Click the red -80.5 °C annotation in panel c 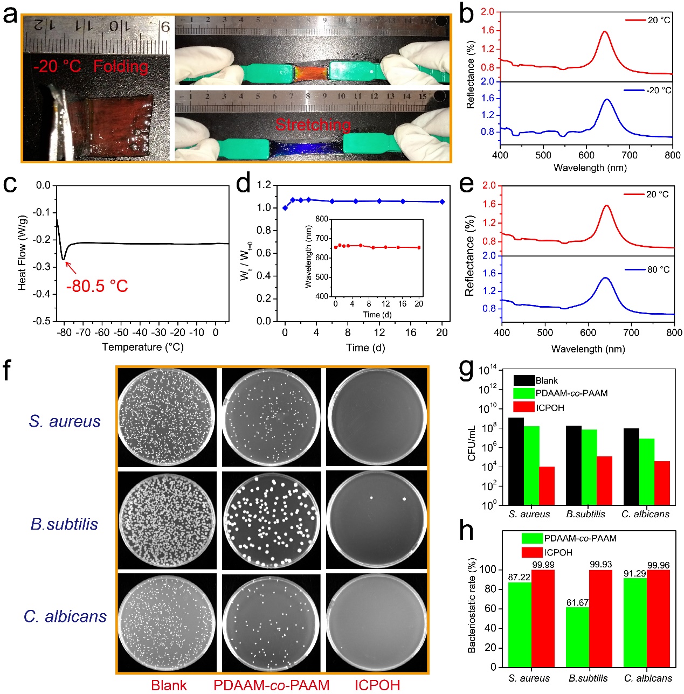pos(97,286)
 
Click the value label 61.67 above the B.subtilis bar pos(577,602)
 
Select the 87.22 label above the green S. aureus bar pos(519,577)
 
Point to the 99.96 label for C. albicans pos(658,565)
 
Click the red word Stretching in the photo pos(313,125)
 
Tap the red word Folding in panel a pos(121,67)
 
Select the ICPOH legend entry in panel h pos(558,552)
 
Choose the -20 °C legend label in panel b pos(659,91)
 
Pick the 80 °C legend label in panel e pos(658,269)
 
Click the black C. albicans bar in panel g pos(631,467)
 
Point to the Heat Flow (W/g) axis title pos(22,253)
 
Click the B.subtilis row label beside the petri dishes pos(64,524)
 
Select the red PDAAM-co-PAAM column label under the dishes pos(271,685)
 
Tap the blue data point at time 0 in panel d pos(285,208)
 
